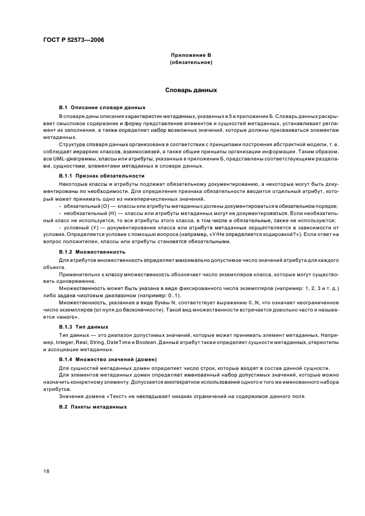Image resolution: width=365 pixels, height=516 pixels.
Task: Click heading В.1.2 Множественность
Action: tap(87, 251)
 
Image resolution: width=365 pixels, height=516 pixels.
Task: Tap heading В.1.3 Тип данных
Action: tap(80, 327)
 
